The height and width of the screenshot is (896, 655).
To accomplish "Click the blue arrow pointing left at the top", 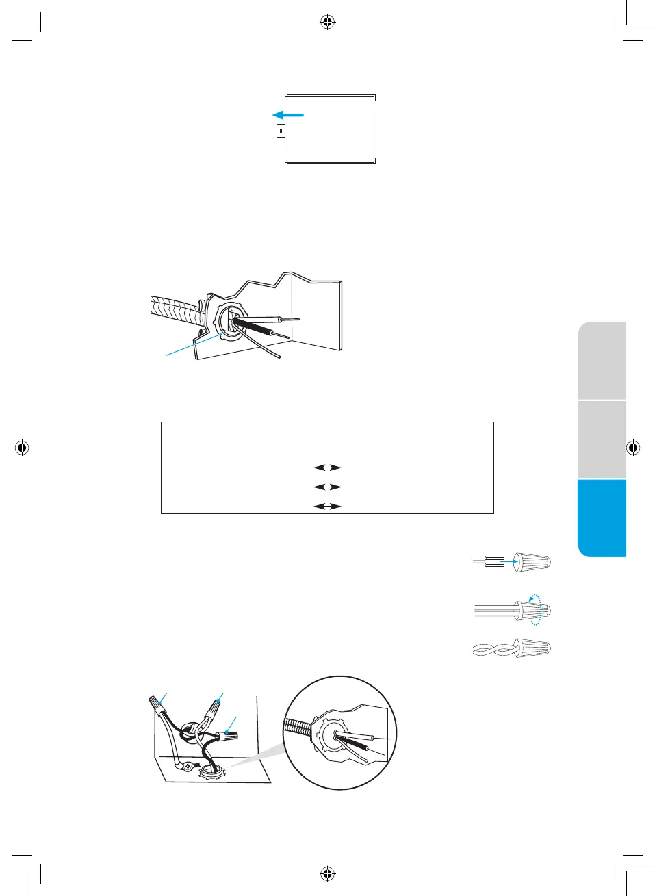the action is [x=287, y=115].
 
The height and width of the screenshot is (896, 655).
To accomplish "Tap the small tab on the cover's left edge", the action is [x=281, y=129].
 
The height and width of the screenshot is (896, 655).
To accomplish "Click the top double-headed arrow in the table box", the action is [x=327, y=468].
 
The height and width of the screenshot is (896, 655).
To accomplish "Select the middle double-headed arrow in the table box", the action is [x=327, y=487].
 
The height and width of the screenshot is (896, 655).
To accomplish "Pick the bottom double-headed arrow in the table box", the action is [x=327, y=506].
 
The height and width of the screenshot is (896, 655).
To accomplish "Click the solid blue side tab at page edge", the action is [x=602, y=518].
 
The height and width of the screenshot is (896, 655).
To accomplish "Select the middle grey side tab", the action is [x=602, y=440].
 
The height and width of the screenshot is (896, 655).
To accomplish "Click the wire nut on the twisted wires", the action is [x=535, y=648].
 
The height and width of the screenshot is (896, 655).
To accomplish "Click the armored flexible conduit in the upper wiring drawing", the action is [x=175, y=311].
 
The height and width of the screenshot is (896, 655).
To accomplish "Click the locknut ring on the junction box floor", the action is [x=211, y=773].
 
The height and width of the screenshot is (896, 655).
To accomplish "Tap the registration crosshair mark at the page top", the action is [x=328, y=23].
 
